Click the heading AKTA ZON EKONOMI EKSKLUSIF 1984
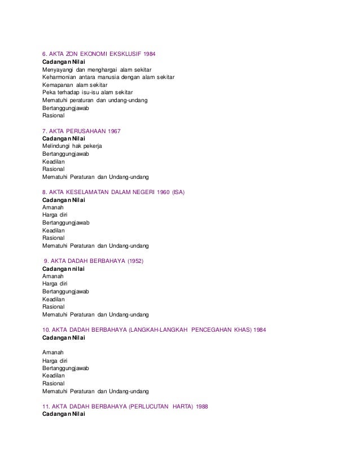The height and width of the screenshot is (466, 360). [99, 54]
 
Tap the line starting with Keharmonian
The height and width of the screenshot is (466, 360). [108, 77]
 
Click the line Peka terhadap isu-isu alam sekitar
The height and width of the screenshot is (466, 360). [87, 92]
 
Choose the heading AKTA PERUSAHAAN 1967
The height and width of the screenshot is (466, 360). [81, 131]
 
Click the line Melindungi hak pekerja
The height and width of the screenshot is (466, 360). [72, 146]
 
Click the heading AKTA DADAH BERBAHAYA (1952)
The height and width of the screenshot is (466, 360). [94, 261]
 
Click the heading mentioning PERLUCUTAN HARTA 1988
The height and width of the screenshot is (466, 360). [125, 406]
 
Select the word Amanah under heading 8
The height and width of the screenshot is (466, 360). [53, 207]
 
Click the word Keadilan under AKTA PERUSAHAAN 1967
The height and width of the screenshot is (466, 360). [54, 161]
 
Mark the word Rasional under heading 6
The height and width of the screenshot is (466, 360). [54, 115]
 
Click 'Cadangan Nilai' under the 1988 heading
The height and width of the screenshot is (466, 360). [64, 414]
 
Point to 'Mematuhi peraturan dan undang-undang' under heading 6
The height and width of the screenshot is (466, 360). [95, 100]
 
